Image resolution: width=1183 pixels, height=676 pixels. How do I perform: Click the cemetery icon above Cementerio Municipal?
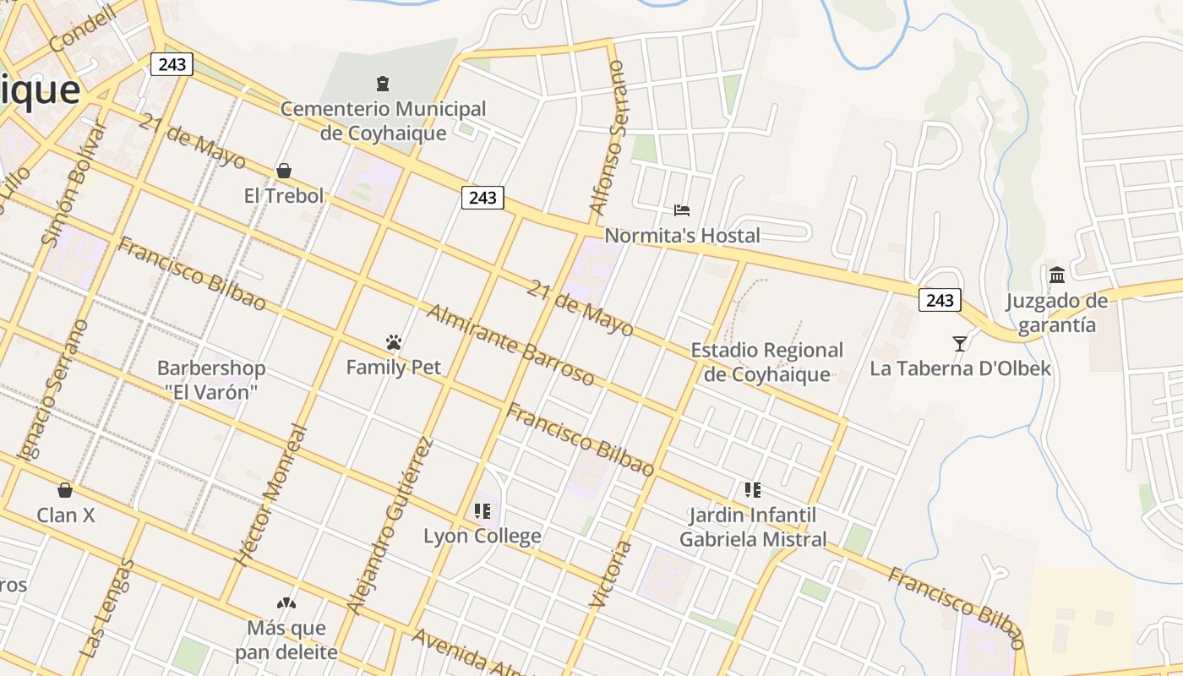383,84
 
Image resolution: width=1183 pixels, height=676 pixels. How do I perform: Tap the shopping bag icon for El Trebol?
284,171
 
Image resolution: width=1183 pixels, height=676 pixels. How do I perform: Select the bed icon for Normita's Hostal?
682,210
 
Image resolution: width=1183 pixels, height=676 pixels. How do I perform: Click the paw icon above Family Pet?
393,342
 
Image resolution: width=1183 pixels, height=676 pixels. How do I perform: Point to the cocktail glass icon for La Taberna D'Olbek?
960,343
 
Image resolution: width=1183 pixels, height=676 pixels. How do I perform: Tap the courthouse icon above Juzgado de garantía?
1057,275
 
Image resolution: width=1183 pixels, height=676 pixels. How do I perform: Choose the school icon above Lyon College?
482,510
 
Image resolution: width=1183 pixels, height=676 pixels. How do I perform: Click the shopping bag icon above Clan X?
65,490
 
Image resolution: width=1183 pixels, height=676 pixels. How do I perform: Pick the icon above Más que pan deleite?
286,603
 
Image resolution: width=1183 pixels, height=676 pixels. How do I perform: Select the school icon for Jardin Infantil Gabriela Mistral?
753,489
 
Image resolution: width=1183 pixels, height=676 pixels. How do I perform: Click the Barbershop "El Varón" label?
211,380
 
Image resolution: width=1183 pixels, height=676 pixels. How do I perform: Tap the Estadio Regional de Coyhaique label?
767,362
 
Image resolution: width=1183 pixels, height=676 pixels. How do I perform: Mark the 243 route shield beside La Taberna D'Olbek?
940,300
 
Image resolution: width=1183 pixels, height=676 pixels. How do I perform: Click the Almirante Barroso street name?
510,345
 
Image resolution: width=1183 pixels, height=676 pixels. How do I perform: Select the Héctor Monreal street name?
271,495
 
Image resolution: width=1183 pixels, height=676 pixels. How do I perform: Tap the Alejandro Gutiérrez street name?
390,526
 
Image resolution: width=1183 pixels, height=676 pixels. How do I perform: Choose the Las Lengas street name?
106,608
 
